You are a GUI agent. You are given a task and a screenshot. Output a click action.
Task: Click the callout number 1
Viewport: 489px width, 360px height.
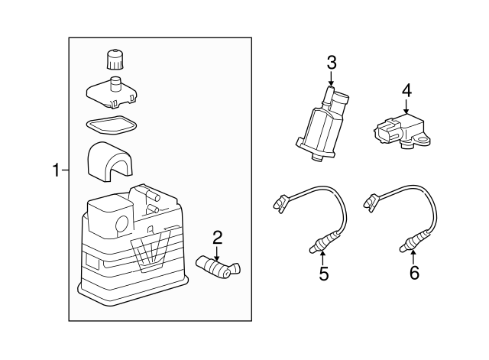56,170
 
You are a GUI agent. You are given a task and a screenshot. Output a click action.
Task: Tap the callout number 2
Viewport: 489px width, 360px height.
217,238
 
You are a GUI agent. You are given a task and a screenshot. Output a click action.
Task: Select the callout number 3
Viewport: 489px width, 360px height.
332,63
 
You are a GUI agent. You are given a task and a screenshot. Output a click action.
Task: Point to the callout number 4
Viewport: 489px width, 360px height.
406,91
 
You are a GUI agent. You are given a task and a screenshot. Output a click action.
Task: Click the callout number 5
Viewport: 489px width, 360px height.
324,274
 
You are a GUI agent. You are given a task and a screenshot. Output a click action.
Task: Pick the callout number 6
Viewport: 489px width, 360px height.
414,274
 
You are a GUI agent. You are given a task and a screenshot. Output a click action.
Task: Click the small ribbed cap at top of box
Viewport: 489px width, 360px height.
115,59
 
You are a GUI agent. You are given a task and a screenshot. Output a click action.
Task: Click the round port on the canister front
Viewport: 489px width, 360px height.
122,223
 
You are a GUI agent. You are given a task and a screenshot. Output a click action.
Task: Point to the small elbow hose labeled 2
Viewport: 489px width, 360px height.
219,267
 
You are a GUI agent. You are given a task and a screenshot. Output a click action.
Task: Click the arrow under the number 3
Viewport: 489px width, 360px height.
331,78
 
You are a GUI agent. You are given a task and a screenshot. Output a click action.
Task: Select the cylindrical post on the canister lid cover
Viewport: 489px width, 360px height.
115,83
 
